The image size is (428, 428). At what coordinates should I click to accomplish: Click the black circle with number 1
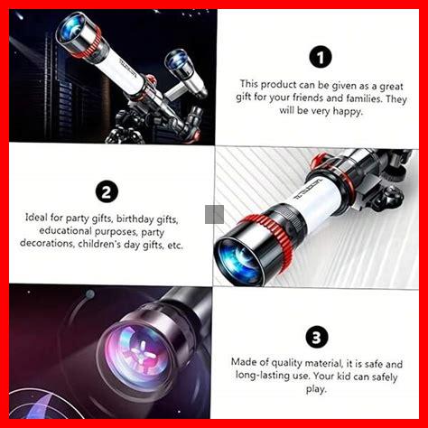tap(321, 57)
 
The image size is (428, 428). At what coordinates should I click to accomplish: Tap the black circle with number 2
tap(107, 191)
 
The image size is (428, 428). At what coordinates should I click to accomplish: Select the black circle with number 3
tap(317, 338)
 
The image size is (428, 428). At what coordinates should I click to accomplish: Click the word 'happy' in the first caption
tap(347, 112)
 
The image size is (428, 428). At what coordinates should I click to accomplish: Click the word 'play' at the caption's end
tap(316, 389)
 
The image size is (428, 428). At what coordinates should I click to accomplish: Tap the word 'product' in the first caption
tap(278, 85)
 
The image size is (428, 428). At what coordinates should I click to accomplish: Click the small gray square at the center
tap(214, 214)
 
